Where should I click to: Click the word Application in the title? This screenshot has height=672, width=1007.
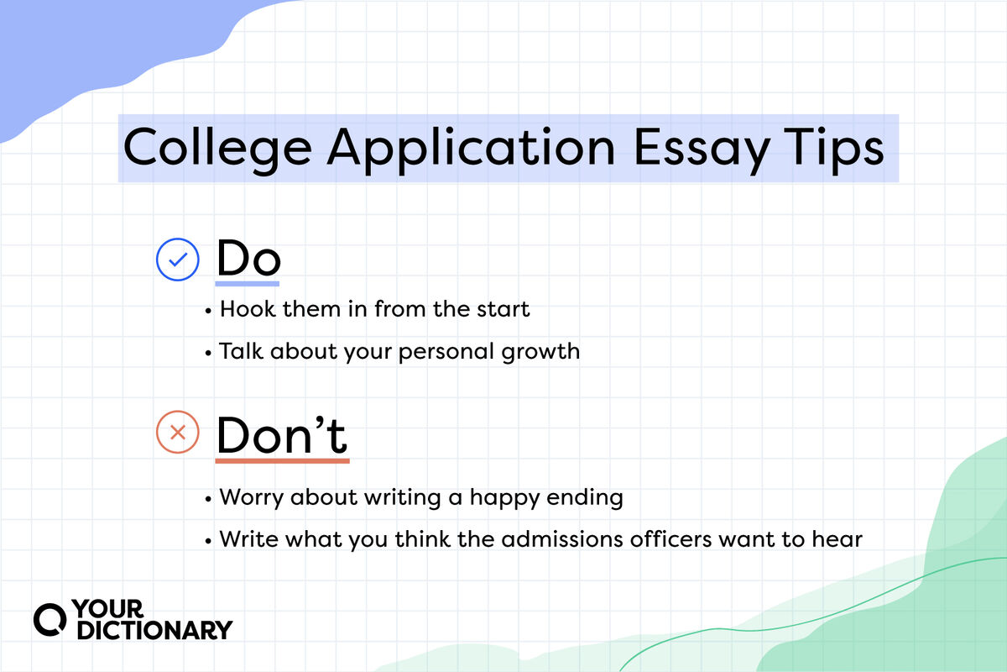pyautogui.click(x=472, y=149)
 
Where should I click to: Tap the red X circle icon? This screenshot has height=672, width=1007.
pyautogui.click(x=178, y=433)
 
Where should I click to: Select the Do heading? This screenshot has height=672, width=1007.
pyautogui.click(x=248, y=259)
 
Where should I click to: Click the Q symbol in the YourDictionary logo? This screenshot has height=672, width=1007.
pyautogui.click(x=51, y=618)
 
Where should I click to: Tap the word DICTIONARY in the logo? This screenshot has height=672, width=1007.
pyautogui.click(x=154, y=629)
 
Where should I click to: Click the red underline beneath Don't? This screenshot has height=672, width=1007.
pyautogui.click(x=282, y=460)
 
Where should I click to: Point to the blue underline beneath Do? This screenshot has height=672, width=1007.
pyautogui.click(x=248, y=284)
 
